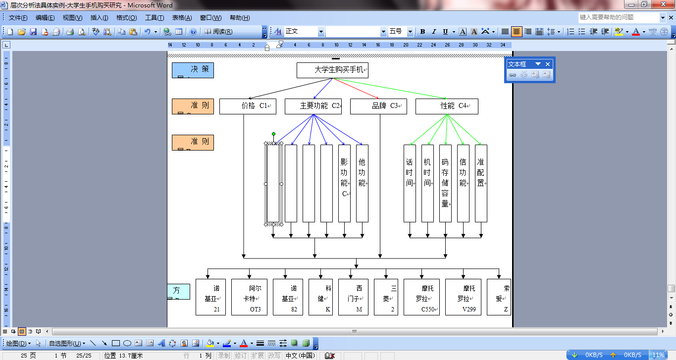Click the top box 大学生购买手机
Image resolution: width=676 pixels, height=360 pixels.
pos(332,70)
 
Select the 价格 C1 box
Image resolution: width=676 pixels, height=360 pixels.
pos(248,106)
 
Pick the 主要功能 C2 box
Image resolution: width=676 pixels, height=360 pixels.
pos(313,106)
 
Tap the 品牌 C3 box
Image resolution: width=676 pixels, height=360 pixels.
pos(378,106)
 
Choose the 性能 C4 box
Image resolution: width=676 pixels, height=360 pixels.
pos(447,106)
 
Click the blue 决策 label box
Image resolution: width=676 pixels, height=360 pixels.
pos(193,70)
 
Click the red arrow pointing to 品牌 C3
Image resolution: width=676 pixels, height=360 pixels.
pos(357,89)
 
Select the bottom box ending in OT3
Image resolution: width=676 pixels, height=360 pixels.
pos(249,297)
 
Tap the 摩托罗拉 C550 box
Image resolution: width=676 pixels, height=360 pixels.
pos(421,297)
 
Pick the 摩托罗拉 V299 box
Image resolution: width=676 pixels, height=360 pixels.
pos(463,297)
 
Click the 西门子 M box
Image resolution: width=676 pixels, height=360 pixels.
pos(353,297)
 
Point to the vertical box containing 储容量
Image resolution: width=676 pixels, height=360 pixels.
pos(445,183)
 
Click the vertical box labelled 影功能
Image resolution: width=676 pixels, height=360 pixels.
pos(344,183)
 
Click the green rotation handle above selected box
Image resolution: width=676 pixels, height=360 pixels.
pos(273,134)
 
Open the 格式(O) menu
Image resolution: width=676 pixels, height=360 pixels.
pos(126,18)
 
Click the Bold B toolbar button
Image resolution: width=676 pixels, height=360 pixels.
pos(422,32)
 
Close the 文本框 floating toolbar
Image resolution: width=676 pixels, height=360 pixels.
pos(548,64)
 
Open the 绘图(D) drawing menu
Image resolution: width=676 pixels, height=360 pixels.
pos(17,343)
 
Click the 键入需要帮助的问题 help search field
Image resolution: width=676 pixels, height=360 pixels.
pos(619,17)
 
